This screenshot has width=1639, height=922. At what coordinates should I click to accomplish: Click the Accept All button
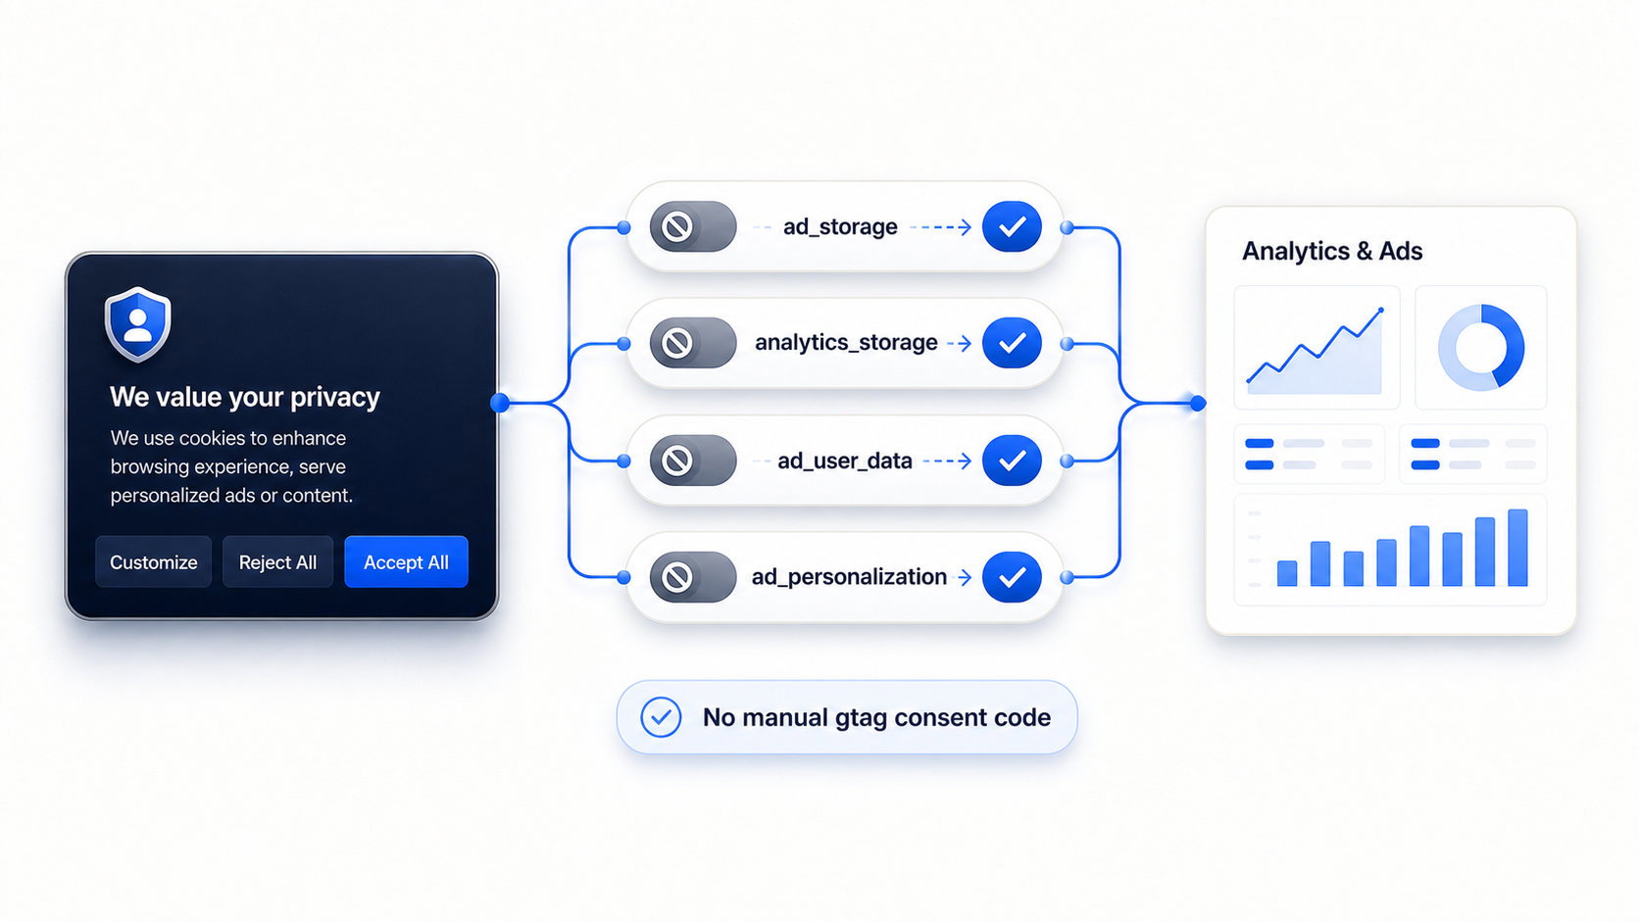[x=406, y=561]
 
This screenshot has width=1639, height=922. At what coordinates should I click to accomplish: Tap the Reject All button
[x=277, y=561]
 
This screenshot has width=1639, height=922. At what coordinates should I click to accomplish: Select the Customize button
[x=154, y=561]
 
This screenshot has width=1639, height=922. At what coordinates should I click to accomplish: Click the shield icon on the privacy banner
[x=137, y=324]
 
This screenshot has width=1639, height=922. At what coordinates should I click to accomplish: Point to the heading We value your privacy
[x=245, y=397]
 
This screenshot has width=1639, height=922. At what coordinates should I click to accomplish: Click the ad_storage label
[x=840, y=226]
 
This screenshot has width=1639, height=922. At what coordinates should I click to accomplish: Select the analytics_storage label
[x=846, y=342]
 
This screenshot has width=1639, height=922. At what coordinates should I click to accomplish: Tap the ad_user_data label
[x=844, y=461]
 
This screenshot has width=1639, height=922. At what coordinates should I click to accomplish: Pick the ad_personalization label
[x=849, y=577]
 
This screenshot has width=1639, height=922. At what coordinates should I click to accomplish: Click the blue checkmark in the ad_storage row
[x=1012, y=226]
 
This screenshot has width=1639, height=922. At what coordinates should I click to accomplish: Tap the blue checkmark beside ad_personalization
[x=1012, y=577]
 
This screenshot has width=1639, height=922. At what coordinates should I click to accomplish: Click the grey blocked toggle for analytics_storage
[x=693, y=342]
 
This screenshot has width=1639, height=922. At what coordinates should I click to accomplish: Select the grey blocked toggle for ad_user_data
[x=693, y=461]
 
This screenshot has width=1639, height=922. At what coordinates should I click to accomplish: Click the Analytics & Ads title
[x=1331, y=251]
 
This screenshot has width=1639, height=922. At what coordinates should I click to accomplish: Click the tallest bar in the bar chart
[x=1517, y=548]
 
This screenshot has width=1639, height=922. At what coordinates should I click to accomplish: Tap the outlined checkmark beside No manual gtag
[x=661, y=717]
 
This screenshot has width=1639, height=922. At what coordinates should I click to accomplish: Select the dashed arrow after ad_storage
[x=940, y=227]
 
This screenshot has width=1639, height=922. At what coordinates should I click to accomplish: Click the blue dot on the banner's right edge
[x=500, y=402]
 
